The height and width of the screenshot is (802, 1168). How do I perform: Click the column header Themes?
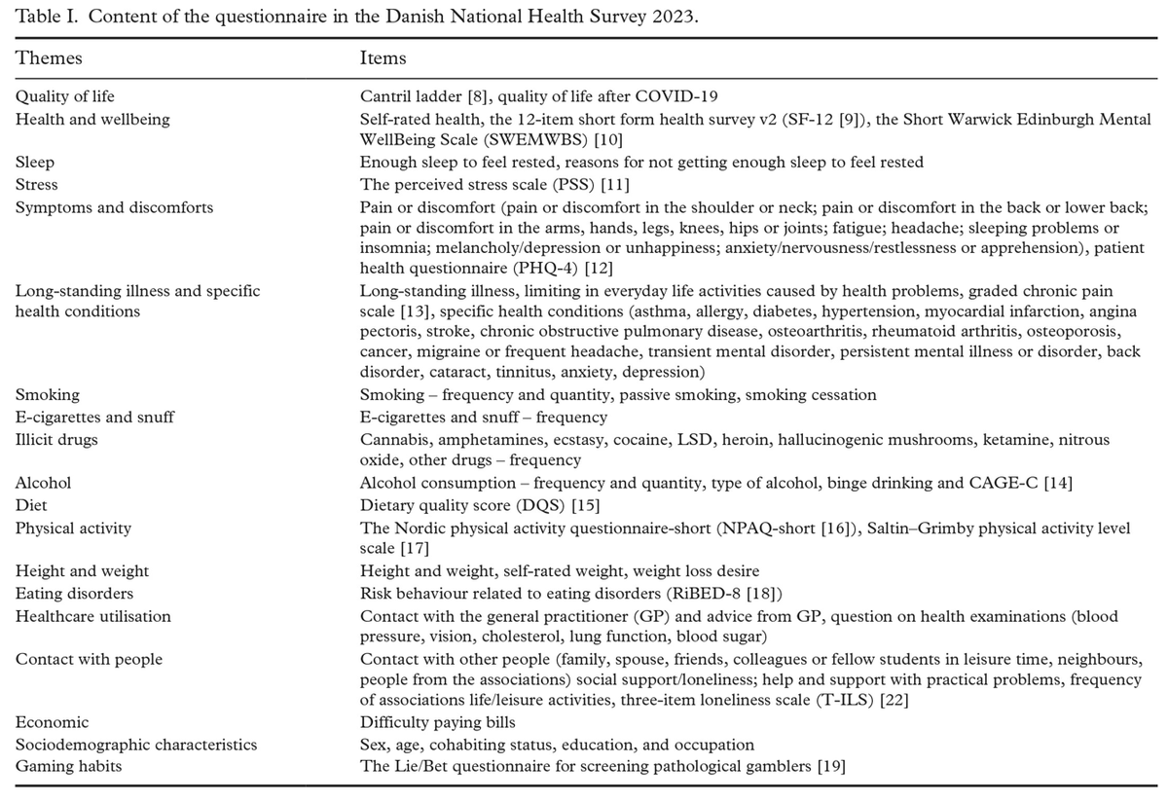coord(49,58)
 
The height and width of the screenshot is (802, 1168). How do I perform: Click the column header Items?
coord(383,58)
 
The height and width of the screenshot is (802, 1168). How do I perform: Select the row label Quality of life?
coord(64,97)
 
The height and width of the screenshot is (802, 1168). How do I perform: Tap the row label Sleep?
coord(36,164)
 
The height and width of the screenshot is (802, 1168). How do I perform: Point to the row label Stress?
coord(37,184)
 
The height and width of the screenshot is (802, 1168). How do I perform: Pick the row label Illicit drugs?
coord(57,440)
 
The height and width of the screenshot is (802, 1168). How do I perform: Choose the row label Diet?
coord(31,506)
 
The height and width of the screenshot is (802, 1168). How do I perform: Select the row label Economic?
coord(52,723)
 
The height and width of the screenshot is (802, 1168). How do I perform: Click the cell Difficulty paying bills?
coord(434,723)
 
